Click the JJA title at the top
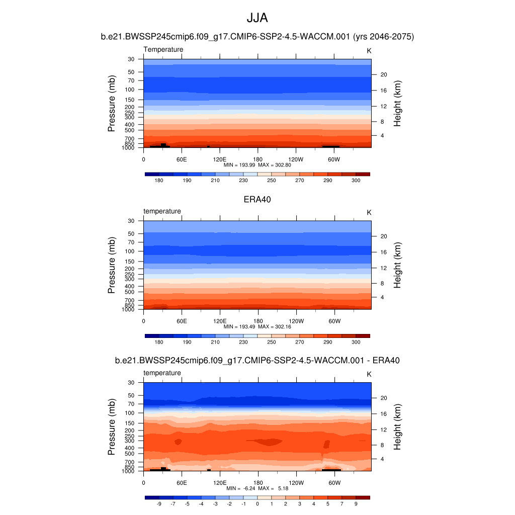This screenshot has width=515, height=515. tap(257, 18)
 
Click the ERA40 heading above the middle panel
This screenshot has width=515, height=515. tap(257, 199)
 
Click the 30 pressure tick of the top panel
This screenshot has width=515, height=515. tap(131, 59)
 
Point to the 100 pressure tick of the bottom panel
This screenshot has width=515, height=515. tap(130, 413)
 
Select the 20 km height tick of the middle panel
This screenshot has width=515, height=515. tap(383, 236)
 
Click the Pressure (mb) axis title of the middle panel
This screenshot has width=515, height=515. tap(112, 265)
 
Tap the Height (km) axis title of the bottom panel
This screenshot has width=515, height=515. tap(397, 427)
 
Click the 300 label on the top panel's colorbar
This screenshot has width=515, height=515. tap(356, 181)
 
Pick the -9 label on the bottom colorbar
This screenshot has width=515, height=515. tap(158, 504)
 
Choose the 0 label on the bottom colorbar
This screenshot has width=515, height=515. tap(257, 504)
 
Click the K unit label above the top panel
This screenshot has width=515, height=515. tap(369, 51)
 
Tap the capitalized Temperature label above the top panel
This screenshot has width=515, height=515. tap(163, 49)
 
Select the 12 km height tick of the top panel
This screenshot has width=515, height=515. tap(382, 107)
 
